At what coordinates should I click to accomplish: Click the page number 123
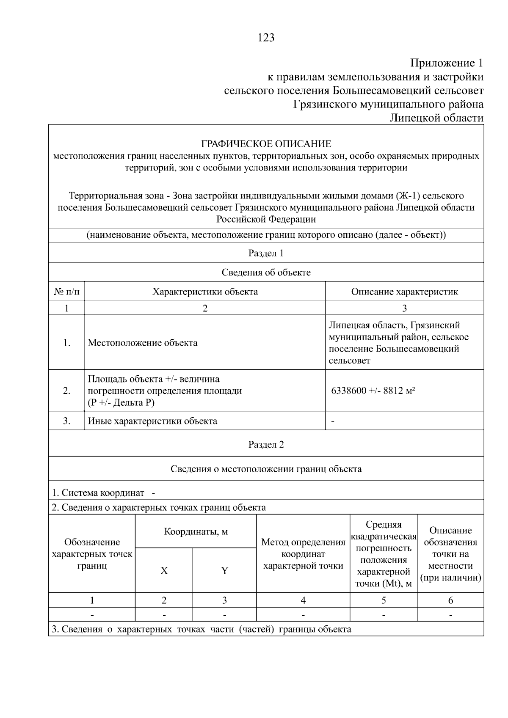[266, 38]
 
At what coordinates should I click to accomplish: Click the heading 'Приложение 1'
[447, 63]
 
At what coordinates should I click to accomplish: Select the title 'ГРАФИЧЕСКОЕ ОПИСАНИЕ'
[266, 144]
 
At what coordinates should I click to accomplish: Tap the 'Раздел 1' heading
[266, 253]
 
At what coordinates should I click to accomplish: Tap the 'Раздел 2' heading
[266, 445]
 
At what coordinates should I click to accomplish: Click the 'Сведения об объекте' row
[266, 272]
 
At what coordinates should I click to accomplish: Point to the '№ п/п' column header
[66, 292]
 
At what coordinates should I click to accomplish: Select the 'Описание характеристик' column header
[404, 292]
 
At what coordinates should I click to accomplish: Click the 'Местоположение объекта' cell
[143, 343]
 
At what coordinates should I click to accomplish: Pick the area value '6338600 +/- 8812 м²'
[373, 391]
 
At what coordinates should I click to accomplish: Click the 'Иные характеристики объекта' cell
[152, 421]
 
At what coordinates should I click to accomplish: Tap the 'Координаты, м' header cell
[196, 532]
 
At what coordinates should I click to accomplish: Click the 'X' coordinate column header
[164, 571]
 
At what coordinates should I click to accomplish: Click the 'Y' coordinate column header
[224, 571]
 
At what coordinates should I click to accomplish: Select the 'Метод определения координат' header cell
[303, 554]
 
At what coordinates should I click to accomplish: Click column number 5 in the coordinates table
[384, 600]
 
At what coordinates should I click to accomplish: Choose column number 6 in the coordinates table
[450, 600]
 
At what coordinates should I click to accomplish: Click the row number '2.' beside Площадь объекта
[66, 391]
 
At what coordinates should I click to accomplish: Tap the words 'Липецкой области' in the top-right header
[436, 118]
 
